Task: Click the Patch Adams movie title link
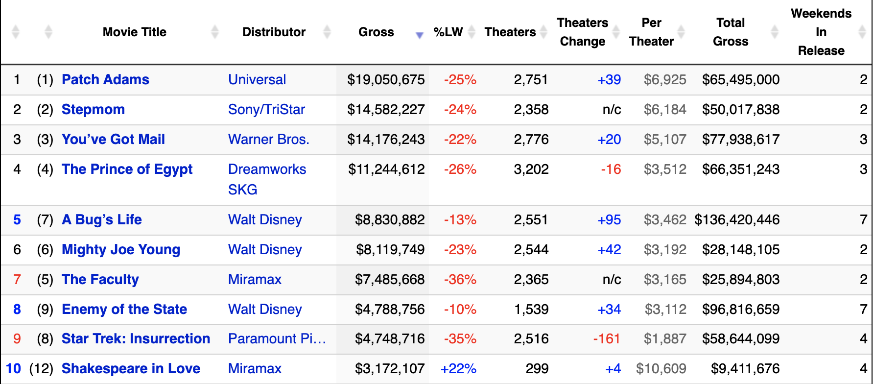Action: pos(105,80)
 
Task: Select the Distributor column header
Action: pos(274,32)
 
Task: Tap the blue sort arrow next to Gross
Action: pos(419,35)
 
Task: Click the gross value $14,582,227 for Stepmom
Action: pos(386,110)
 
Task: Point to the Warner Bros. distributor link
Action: pos(268,140)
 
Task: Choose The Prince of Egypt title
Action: pos(127,169)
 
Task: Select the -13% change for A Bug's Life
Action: pos(460,220)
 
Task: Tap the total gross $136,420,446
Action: pos(737,220)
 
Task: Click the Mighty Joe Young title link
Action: pos(121,250)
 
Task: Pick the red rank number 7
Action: pos(17,280)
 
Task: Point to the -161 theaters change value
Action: pos(607,339)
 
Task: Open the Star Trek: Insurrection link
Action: pos(136,339)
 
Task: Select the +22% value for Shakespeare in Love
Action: pos(458,369)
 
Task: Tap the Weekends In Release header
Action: pos(821,32)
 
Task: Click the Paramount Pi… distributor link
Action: pos(277,339)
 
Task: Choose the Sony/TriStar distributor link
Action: pos(266,110)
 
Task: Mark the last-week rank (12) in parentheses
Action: pos(42,369)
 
